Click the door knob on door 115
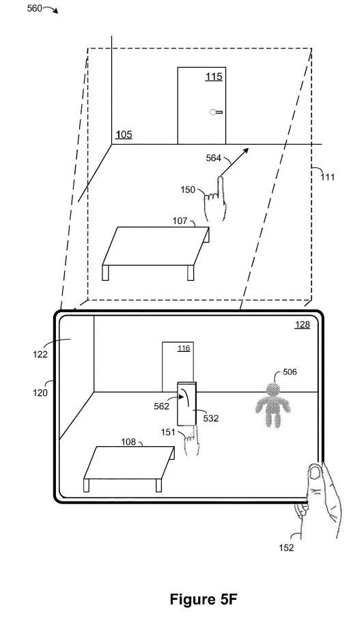click(216, 112)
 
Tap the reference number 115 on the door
click(214, 77)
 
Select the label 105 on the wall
click(124, 135)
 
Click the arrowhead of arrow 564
click(246, 150)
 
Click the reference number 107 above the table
click(180, 221)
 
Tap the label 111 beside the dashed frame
click(327, 177)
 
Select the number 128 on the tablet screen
click(303, 325)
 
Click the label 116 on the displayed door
click(184, 348)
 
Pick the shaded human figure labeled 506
click(272, 404)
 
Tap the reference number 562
click(161, 406)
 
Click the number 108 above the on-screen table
click(128, 441)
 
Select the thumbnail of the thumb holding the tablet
click(316, 472)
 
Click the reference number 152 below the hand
click(286, 548)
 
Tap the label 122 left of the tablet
click(40, 354)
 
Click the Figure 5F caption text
click(204, 599)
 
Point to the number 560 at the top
click(34, 8)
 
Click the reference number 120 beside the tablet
click(40, 393)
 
